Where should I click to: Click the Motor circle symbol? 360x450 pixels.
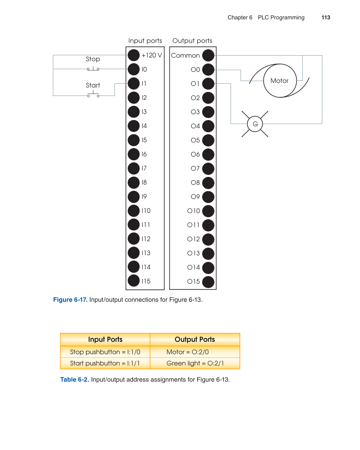[280, 81]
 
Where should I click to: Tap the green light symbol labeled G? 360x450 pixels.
[255, 124]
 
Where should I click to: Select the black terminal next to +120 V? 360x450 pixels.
[134, 55]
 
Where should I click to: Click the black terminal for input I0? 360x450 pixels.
[134, 69]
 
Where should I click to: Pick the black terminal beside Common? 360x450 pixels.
[208, 56]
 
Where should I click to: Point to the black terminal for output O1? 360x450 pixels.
[208, 84]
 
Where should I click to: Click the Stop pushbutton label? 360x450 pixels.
[93, 59]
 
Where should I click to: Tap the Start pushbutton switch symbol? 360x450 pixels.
[93, 95]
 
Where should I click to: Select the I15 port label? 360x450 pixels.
[146, 281]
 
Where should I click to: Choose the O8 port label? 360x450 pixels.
[195, 183]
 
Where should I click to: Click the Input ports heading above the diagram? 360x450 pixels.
[145, 41]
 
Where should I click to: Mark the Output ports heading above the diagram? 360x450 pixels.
[192, 41]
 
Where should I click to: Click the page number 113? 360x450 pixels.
[326, 18]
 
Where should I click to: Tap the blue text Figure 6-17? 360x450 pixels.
[70, 300]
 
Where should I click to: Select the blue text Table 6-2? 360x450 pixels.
[74, 380]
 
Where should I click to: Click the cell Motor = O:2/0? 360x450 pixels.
[188, 352]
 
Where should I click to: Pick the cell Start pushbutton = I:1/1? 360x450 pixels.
[105, 363]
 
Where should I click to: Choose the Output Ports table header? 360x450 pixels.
[195, 340]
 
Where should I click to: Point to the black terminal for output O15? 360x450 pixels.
[208, 282]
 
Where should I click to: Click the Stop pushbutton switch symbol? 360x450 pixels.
[93, 69]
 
